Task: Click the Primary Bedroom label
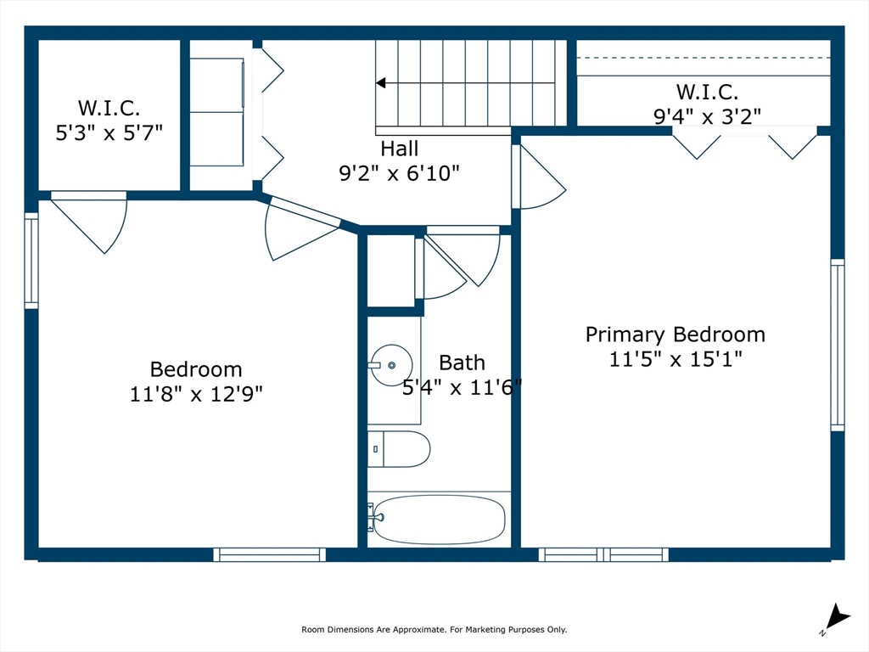(675, 334)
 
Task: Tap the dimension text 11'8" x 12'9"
(195, 394)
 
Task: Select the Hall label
(399, 149)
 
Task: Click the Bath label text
(462, 363)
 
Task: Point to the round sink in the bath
(391, 365)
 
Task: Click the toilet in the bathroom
(401, 449)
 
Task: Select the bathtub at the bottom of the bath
(439, 519)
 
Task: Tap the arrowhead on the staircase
(381, 83)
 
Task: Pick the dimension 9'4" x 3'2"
(707, 115)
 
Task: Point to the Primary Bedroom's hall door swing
(539, 178)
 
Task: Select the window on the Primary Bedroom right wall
(837, 345)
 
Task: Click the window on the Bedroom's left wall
(31, 260)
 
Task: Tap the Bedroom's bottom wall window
(269, 554)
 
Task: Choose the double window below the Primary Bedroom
(603, 554)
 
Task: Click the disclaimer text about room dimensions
(434, 630)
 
